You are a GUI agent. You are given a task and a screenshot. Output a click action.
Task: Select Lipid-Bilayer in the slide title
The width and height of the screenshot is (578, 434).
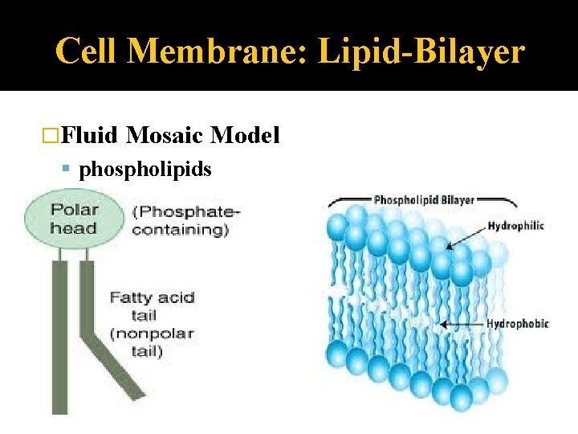point(421,52)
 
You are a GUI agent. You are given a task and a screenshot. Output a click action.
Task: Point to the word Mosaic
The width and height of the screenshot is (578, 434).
point(165,135)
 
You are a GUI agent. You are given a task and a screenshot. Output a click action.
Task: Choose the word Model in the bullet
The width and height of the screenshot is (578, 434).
point(245,135)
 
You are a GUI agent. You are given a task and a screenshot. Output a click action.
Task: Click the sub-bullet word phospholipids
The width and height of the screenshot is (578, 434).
point(145,170)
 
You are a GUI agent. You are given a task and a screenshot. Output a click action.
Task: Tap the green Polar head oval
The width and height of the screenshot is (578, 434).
point(74,219)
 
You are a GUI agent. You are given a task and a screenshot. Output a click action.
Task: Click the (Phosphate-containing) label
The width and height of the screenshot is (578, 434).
point(185,221)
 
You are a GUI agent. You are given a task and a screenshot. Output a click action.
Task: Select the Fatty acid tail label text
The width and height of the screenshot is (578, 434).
point(153,306)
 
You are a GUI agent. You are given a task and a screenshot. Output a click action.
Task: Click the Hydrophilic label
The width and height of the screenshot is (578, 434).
point(515,226)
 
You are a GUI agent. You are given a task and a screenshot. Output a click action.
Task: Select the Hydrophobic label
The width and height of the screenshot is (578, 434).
point(517,324)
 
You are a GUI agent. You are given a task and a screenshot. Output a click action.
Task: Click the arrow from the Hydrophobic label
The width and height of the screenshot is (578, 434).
point(462,325)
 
